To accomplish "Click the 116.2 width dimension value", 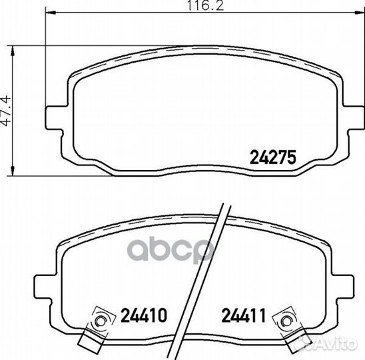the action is click(206, 5).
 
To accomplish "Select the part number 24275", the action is click(273, 157).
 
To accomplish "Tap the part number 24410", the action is click(144, 315).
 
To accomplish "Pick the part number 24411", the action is click(244, 315).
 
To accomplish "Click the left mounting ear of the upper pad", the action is click(54, 118).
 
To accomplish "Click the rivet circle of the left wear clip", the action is click(101, 322).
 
